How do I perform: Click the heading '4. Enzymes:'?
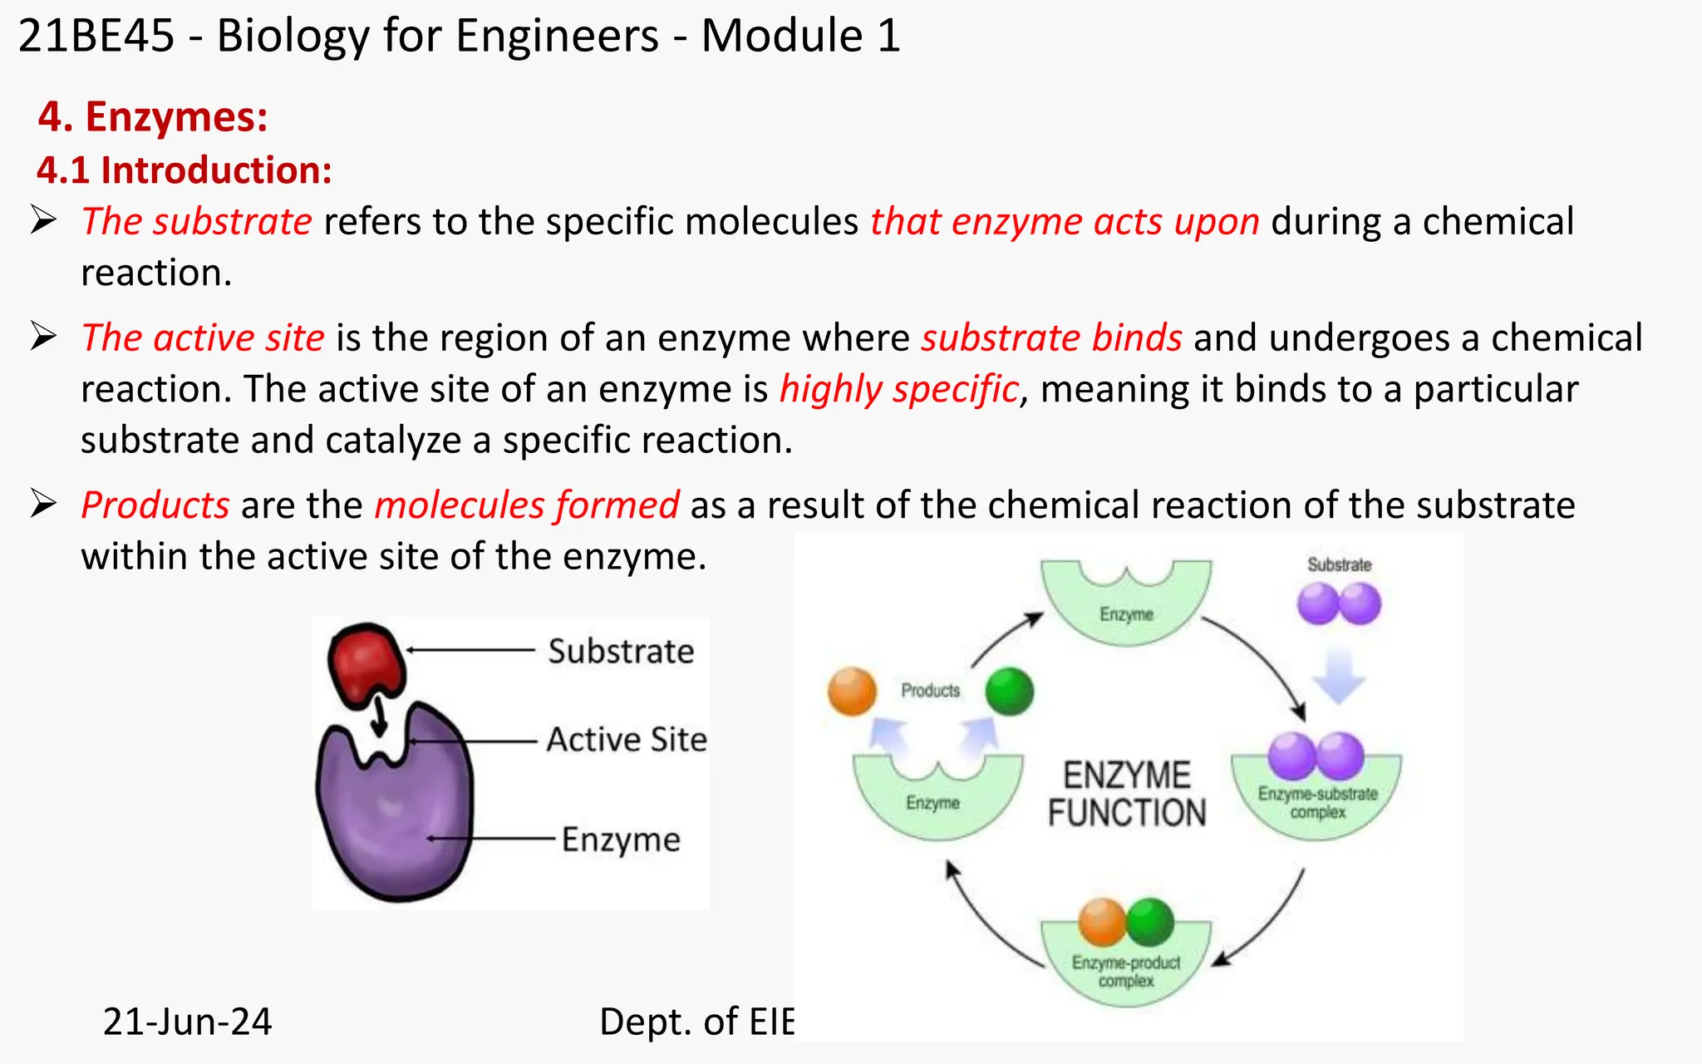[153, 116]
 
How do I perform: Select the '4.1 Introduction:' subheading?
[184, 170]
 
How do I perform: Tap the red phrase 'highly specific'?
[898, 389]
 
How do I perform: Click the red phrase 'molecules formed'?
[527, 505]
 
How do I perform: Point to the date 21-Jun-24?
[187, 1022]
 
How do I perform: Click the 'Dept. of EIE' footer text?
[696, 1022]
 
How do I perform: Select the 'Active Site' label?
[627, 740]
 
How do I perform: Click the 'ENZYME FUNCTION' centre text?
[1127, 794]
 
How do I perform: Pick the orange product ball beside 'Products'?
[853, 692]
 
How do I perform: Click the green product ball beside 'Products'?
[1010, 692]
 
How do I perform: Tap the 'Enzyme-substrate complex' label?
[1317, 802]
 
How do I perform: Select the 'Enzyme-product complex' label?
[1126, 971]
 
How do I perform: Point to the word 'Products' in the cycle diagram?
[930, 690]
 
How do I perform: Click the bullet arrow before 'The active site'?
[43, 337]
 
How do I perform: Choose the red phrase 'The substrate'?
[196, 222]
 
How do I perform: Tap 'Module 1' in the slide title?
[800, 36]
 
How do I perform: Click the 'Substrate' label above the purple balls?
[1339, 565]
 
